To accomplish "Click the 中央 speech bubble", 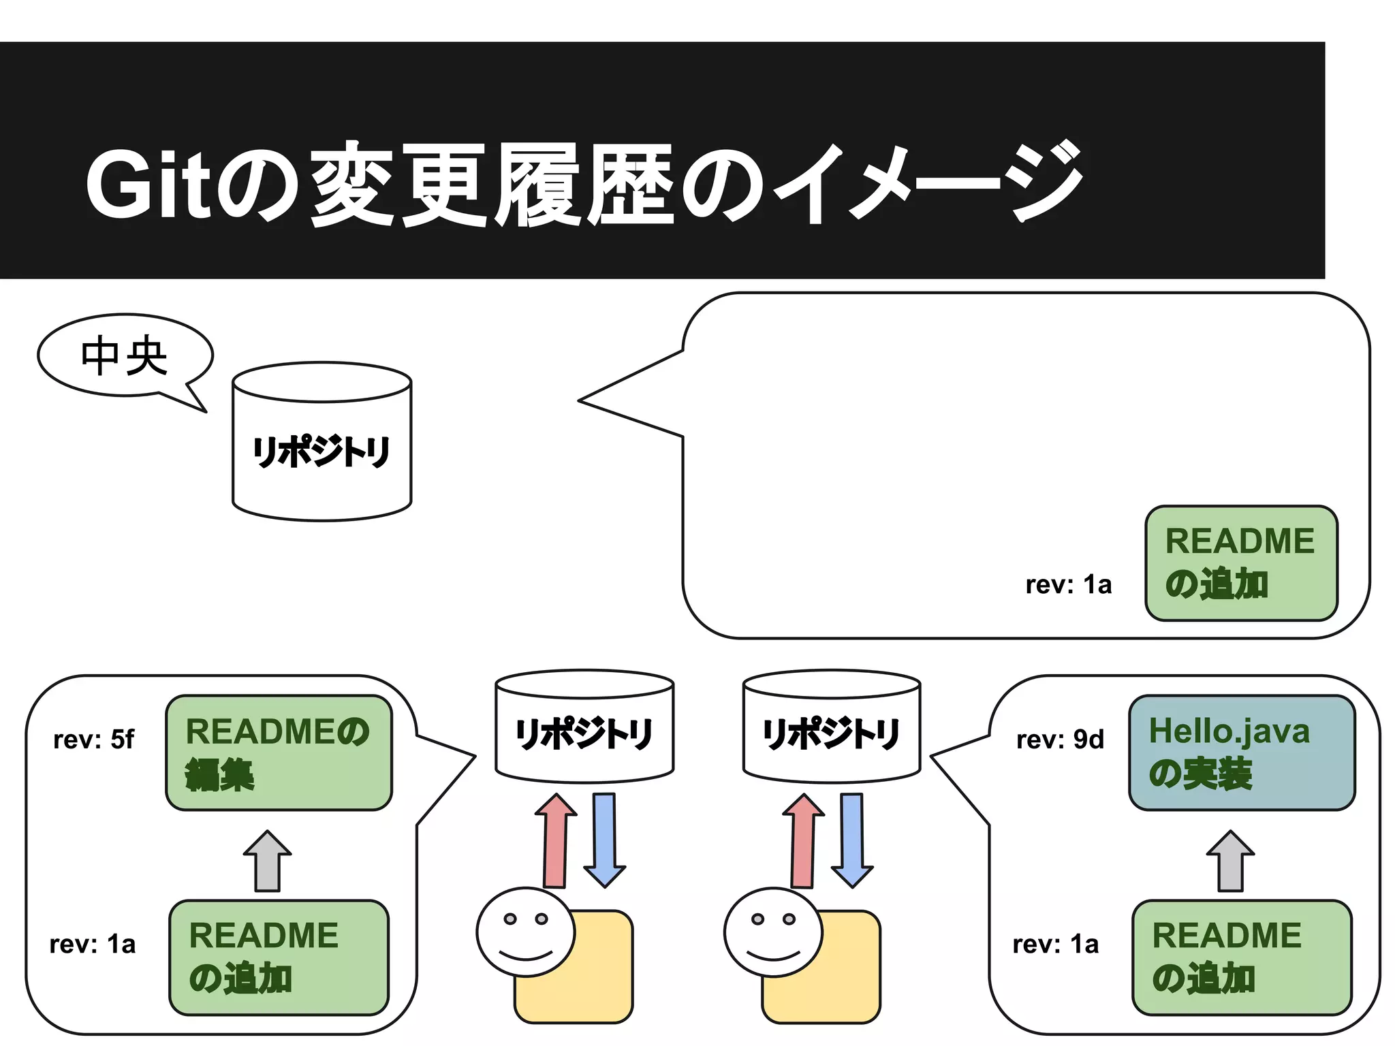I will point(125,355).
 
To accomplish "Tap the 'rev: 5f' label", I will point(94,740).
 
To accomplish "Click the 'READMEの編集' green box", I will point(279,752).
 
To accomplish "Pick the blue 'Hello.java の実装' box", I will point(1241,752).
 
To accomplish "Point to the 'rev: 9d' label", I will point(1060,740).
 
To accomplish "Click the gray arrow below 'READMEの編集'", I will point(268,861).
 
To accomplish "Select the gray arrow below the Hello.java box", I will point(1231,861).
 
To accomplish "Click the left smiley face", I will point(526,932).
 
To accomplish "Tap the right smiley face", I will point(773,932).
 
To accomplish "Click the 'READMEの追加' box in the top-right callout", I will point(1241,563).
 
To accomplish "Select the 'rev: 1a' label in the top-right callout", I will point(1068,585).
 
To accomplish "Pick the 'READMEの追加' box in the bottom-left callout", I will point(279,957).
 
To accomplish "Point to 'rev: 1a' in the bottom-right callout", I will point(1055,945).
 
